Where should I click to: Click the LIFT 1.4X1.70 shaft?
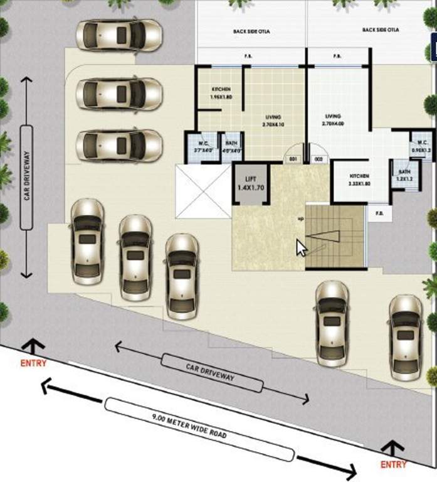point(251,183)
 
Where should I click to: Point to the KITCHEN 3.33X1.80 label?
point(359,180)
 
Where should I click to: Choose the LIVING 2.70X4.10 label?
point(273,120)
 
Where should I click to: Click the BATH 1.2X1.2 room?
point(404,175)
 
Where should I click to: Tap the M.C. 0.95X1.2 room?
point(419,146)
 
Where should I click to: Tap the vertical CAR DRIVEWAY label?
point(26,177)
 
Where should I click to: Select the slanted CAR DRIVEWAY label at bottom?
point(211,372)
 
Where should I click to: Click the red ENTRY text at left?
point(33,363)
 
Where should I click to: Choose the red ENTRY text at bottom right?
point(393,464)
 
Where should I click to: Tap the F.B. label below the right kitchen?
point(380,213)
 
